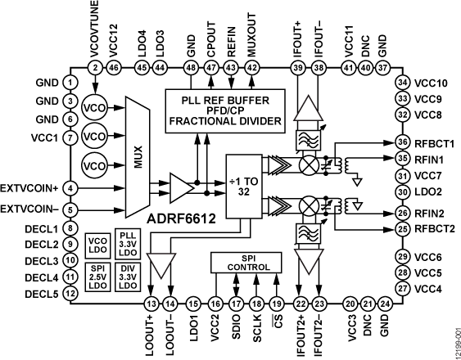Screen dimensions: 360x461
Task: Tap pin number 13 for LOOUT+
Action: click(x=150, y=304)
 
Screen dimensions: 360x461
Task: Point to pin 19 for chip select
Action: click(x=278, y=304)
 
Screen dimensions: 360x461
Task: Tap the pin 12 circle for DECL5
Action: click(x=71, y=294)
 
